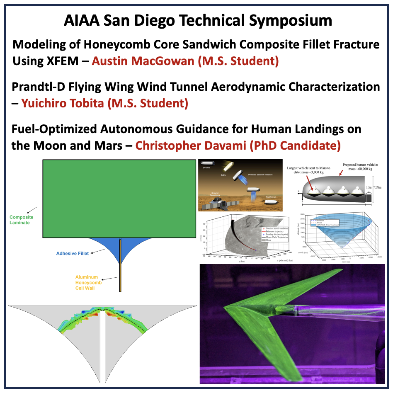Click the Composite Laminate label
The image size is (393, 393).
(x=21, y=220)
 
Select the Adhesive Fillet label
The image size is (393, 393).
(x=73, y=253)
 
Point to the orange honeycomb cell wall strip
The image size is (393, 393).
(x=120, y=265)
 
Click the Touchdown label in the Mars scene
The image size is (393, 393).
(x=270, y=198)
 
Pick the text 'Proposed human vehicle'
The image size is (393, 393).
(x=360, y=167)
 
